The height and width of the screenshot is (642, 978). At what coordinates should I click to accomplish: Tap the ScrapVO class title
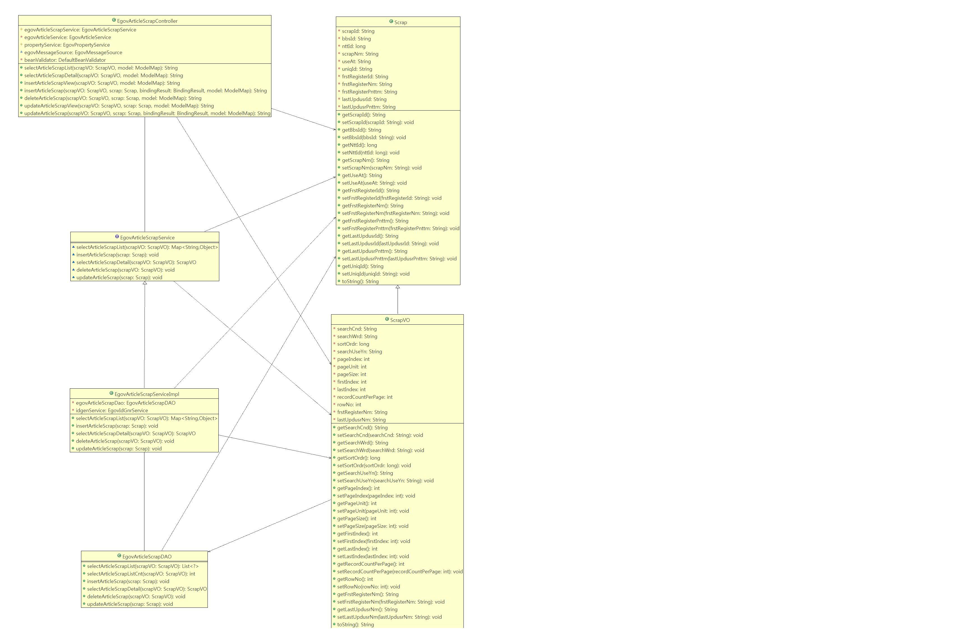[x=400, y=320]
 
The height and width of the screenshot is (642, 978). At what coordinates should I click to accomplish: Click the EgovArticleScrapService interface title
[x=147, y=237]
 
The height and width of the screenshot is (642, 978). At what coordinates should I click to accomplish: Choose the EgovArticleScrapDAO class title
[x=147, y=556]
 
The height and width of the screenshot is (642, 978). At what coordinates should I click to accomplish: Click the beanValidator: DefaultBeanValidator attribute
[x=65, y=60]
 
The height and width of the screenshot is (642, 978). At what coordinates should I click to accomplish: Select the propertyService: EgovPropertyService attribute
[x=67, y=45]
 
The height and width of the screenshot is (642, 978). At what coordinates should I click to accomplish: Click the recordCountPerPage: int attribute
[x=365, y=397]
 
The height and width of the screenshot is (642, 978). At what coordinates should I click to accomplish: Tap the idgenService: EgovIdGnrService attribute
[x=112, y=411]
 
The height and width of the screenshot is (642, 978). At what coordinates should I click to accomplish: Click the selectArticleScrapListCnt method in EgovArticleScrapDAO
[x=141, y=574]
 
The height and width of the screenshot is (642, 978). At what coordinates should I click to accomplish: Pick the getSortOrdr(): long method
[x=358, y=458]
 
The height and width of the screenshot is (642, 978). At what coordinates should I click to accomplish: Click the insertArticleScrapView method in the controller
[x=102, y=83]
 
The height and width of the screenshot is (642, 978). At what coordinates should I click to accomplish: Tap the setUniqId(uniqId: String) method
[x=376, y=274]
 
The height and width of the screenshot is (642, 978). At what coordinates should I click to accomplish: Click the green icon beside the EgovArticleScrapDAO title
[x=119, y=556]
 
